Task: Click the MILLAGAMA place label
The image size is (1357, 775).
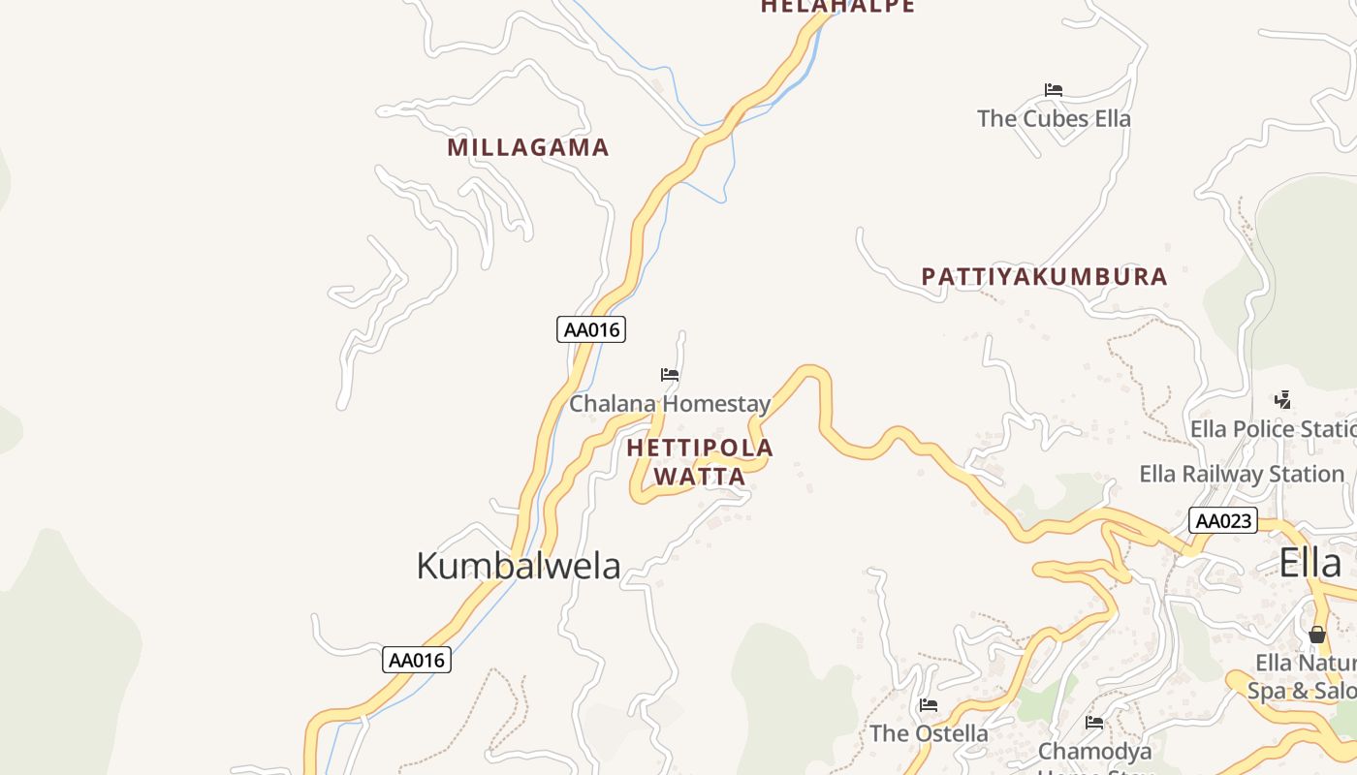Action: [x=528, y=148]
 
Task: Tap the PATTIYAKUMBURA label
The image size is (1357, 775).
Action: [x=1044, y=277]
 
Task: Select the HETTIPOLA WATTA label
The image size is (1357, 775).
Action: [x=700, y=462]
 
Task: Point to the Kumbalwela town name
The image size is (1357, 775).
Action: [x=519, y=566]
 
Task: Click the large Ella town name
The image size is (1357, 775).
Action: [x=1310, y=563]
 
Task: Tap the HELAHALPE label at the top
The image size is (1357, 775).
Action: [x=837, y=7]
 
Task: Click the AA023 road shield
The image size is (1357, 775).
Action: [x=1222, y=521]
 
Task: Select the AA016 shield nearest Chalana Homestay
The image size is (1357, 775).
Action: [x=591, y=329]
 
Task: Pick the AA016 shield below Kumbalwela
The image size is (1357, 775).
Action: [x=417, y=661]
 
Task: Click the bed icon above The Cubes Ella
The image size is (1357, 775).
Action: [x=1054, y=90]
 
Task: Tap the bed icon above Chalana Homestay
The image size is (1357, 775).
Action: [x=670, y=375]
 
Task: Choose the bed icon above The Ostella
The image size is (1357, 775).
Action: [x=929, y=705]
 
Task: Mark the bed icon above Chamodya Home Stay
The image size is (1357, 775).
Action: [x=1094, y=723]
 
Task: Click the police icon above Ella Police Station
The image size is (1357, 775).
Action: [x=1283, y=399]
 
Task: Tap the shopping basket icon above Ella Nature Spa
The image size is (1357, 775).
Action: [x=1316, y=635]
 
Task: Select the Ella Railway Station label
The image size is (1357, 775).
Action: [x=1242, y=475]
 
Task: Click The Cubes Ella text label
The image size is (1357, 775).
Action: [x=1054, y=119]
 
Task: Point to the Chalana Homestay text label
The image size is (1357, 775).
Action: [x=670, y=404]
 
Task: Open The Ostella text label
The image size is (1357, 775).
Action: [x=929, y=733]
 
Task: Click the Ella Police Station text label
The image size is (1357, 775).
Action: [x=1273, y=429]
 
